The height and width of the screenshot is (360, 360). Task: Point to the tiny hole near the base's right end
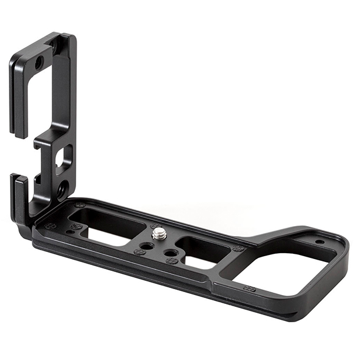click(x=319, y=242)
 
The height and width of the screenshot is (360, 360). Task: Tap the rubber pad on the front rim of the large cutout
click(x=249, y=289)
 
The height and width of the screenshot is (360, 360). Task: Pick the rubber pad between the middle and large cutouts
click(x=238, y=248)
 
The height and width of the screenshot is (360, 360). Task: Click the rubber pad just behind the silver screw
click(x=155, y=225)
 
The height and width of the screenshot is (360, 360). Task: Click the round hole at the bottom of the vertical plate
click(x=62, y=189)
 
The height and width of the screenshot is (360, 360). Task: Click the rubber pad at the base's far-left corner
click(x=51, y=226)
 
